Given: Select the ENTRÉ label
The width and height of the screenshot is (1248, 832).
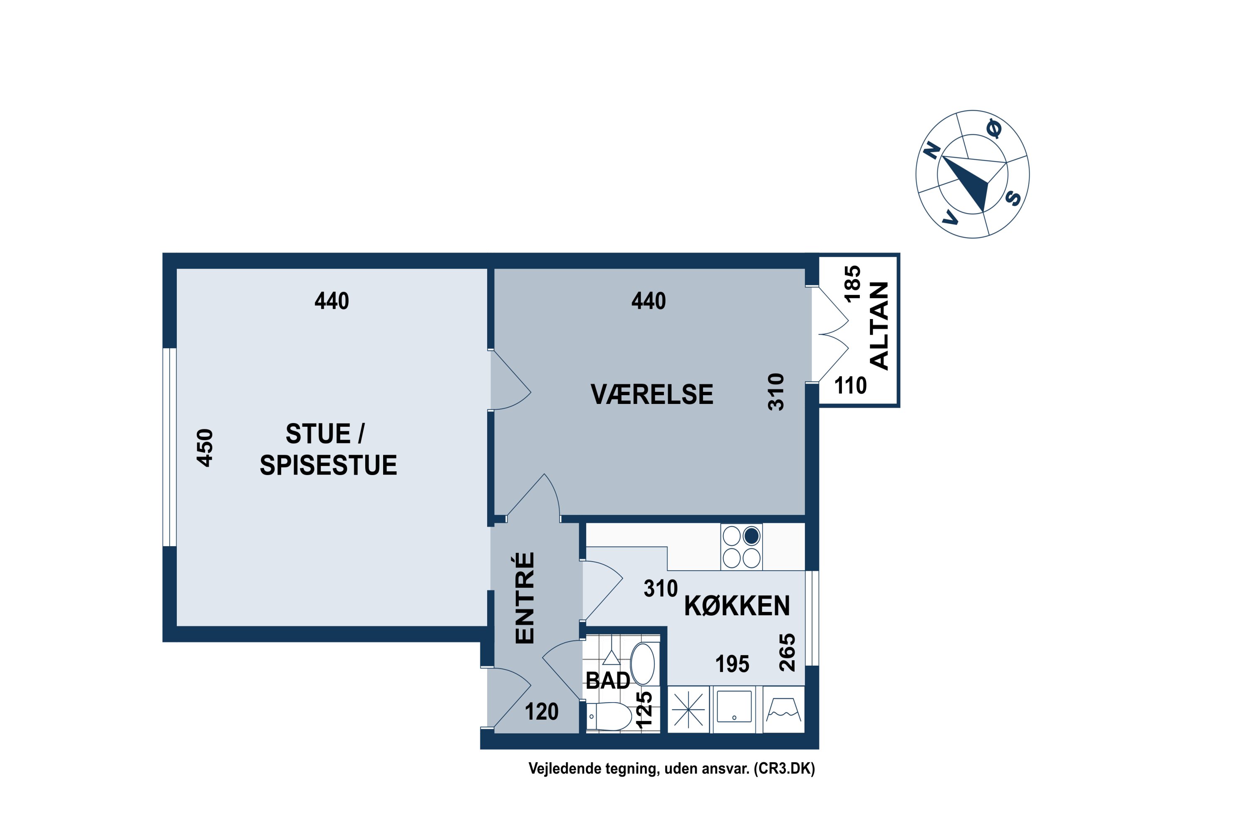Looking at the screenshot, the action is point(525,598).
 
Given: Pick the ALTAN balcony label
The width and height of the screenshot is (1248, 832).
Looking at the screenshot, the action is point(879,326).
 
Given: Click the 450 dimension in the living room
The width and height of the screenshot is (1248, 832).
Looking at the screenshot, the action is point(205,448).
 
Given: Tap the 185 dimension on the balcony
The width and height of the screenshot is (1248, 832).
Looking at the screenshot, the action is point(852,284).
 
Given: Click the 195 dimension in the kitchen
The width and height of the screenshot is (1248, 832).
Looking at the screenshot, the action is point(732,664).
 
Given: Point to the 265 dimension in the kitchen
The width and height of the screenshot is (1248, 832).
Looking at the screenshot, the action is point(787,652).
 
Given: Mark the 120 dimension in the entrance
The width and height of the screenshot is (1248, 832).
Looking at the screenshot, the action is point(542,711).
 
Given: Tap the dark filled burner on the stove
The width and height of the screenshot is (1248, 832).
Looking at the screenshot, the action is point(751,537).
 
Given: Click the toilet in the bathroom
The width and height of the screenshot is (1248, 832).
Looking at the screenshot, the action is point(610,716).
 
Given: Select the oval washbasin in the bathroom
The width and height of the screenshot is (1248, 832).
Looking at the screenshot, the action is point(643,664).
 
